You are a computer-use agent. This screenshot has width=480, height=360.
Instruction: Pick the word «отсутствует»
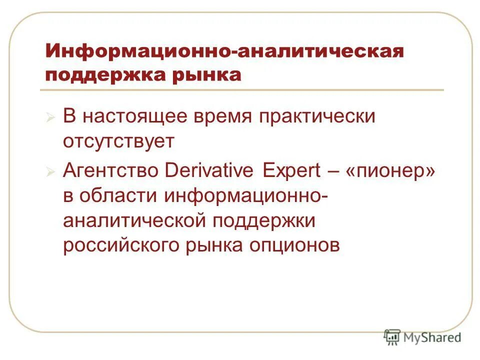click(118, 141)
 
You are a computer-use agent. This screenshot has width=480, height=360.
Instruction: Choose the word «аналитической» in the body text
click(134, 220)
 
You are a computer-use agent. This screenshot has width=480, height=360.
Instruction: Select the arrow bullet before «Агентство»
click(50, 171)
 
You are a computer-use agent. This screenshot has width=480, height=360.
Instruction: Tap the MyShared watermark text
click(432, 337)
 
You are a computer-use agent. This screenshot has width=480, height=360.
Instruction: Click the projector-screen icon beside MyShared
click(392, 337)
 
